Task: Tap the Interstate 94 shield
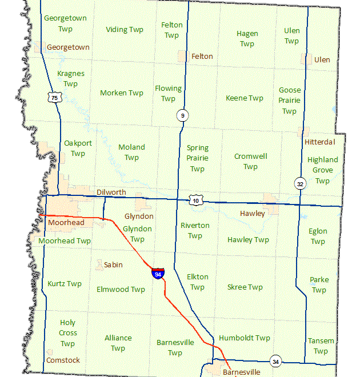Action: pyautogui.click(x=158, y=273)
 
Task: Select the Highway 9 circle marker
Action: pyautogui.click(x=182, y=116)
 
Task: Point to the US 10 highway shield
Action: pyautogui.click(x=196, y=200)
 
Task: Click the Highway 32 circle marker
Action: pyautogui.click(x=300, y=183)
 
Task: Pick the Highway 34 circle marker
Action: pyautogui.click(x=276, y=362)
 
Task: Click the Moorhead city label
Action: pyautogui.click(x=66, y=222)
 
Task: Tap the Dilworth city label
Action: pyautogui.click(x=111, y=192)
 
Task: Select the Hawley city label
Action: pyautogui.click(x=252, y=214)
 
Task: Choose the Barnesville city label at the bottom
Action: pyautogui.click(x=241, y=372)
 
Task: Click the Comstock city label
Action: pyautogui.click(x=63, y=360)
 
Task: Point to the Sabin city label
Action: pyautogui.click(x=113, y=264)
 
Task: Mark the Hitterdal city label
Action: pyautogui.click(x=320, y=142)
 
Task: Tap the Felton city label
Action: pyautogui.click(x=202, y=56)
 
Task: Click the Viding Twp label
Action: pyautogui.click(x=125, y=30)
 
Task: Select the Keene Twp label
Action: pyautogui.click(x=245, y=98)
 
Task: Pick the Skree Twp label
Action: pyautogui.click(x=245, y=287)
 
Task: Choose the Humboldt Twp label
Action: pyautogui.click(x=244, y=338)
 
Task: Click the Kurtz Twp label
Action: pyautogui.click(x=65, y=283)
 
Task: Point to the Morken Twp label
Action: pyautogui.click(x=121, y=93)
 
